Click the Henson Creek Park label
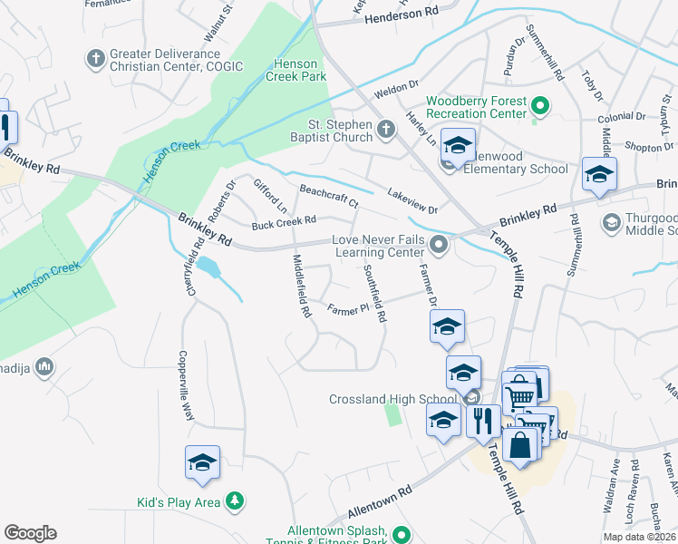(x=297, y=71)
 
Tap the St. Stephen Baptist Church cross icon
(x=385, y=130)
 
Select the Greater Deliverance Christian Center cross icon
(x=95, y=60)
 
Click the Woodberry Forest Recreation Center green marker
(x=540, y=107)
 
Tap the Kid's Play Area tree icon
(x=235, y=500)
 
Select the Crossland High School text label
(x=392, y=399)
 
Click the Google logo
(x=30, y=533)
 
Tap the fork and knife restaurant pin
(x=482, y=421)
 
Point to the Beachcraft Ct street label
(x=329, y=196)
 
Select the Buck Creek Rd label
(x=284, y=220)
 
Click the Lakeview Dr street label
(x=412, y=201)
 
